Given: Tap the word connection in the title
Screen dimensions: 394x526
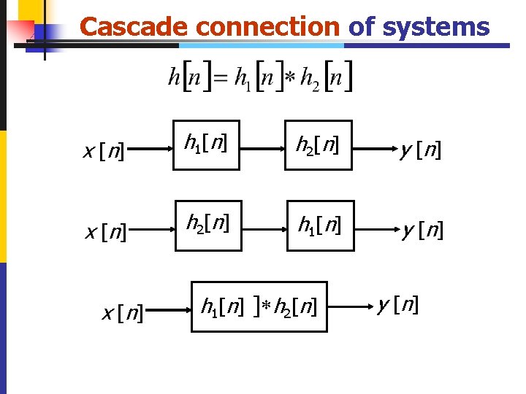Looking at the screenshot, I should pos(268,27).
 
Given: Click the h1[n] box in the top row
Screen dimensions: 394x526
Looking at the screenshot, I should pos(205,145).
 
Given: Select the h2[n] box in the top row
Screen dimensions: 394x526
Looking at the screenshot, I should pos(319,145).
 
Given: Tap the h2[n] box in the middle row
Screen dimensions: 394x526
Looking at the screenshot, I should pos(208,225).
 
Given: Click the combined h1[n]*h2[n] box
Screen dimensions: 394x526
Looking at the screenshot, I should pos(259,306).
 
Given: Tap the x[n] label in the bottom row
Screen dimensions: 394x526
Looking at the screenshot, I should pos(122,314).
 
